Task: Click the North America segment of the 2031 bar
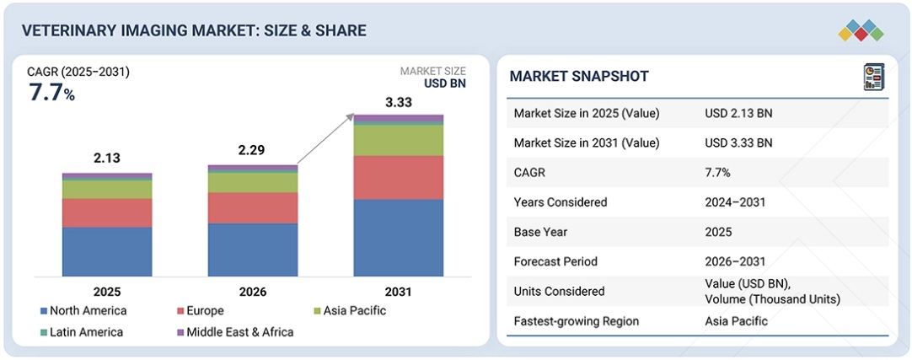click(398, 238)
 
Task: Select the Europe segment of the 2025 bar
click(107, 212)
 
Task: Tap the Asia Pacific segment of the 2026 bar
click(253, 182)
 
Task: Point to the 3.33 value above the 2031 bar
click(399, 102)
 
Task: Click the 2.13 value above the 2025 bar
click(108, 157)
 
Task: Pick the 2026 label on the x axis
click(253, 292)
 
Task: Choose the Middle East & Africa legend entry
click(233, 332)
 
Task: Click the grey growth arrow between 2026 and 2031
click(325, 138)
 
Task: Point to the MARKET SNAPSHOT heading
click(579, 77)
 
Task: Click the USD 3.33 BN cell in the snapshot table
click(738, 142)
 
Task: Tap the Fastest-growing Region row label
click(577, 321)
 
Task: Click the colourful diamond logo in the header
click(861, 31)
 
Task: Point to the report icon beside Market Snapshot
click(874, 77)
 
